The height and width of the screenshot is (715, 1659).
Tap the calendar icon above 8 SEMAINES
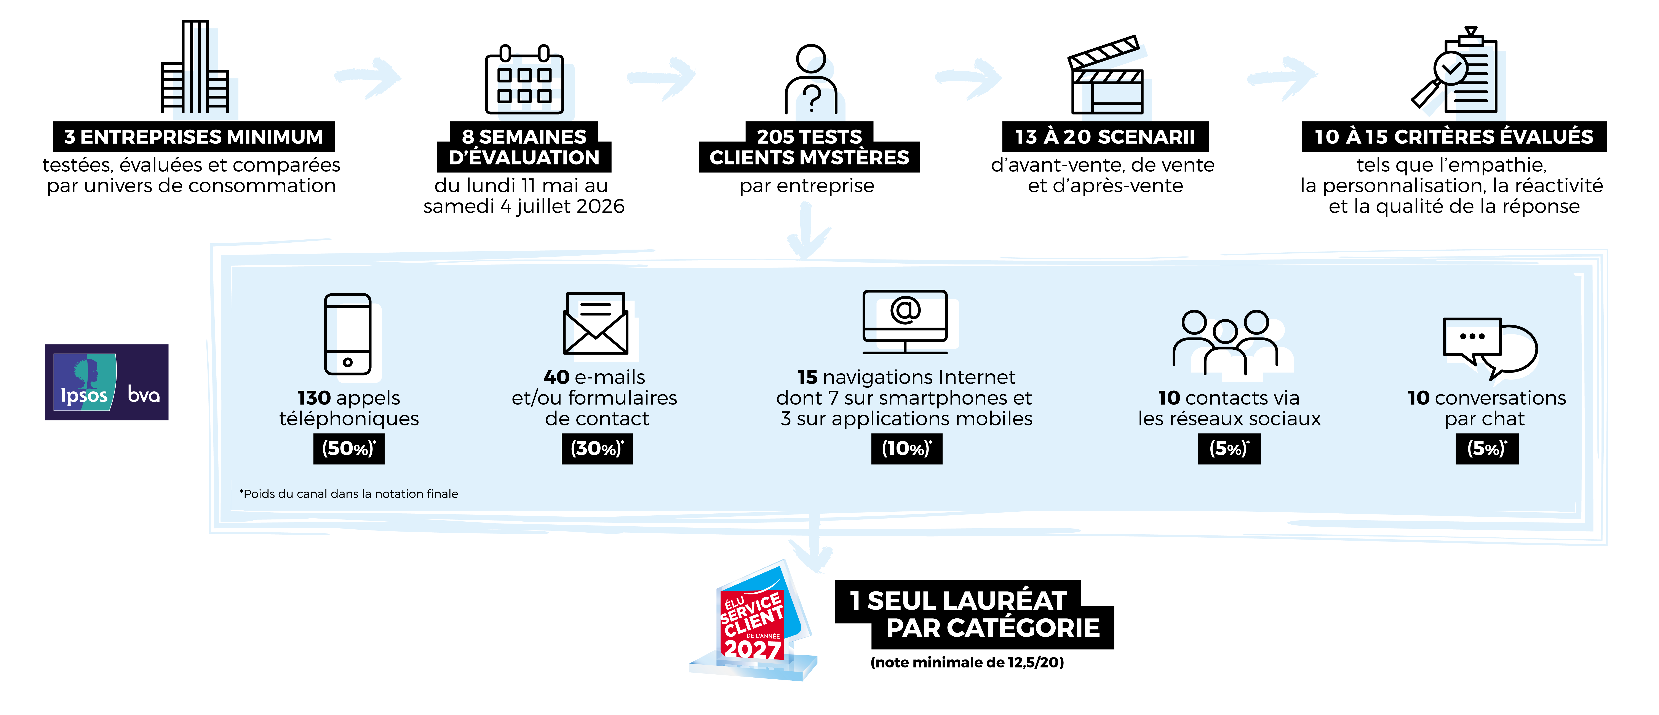(536, 88)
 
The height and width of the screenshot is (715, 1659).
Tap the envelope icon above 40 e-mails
(596, 324)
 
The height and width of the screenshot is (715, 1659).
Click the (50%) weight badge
(348, 449)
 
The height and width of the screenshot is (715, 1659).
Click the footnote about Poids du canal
(349, 494)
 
